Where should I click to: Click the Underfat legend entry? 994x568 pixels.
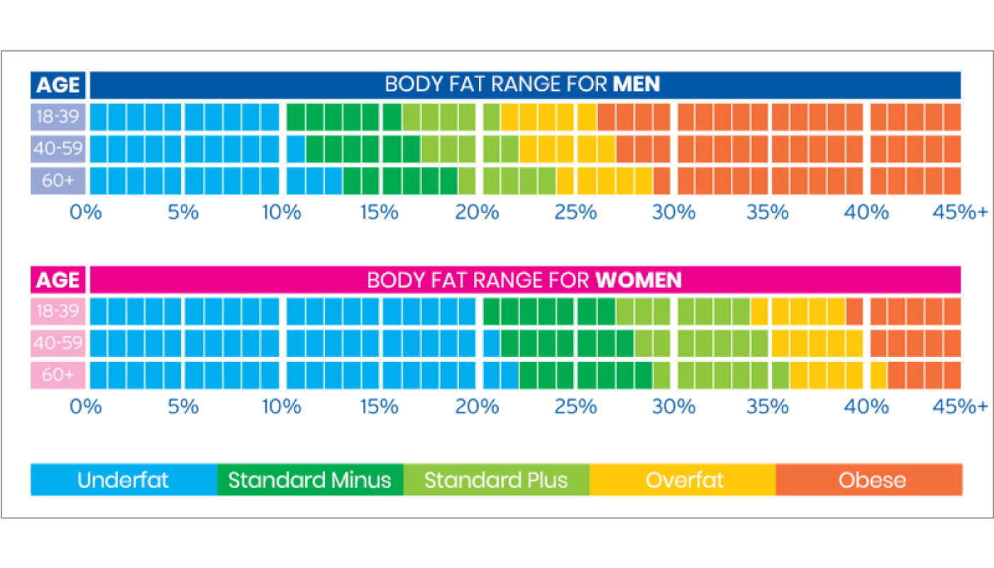coord(123,480)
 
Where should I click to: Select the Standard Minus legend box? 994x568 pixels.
coord(310,480)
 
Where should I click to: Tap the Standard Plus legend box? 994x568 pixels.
coord(496,480)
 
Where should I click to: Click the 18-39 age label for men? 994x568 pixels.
coord(58,116)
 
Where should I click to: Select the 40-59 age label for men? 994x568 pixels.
coord(58,149)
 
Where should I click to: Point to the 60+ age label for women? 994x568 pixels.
coord(58,375)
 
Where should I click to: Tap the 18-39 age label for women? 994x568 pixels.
coord(58,311)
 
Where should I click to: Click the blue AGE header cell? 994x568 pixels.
coord(58,85)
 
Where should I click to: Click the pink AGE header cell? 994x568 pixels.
coord(58,280)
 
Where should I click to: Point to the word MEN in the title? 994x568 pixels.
coord(636,84)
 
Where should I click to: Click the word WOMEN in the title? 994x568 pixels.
coord(639,280)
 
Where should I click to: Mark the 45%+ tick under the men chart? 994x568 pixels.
coord(963,212)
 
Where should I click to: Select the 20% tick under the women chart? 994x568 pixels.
coord(477,407)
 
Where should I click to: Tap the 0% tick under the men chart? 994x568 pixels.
coord(86,212)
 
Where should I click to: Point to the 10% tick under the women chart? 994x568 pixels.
coord(282,407)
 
